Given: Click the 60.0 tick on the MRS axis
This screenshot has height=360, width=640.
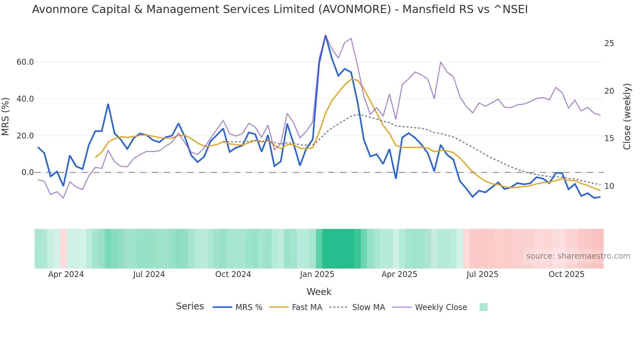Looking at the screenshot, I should (x=25, y=62).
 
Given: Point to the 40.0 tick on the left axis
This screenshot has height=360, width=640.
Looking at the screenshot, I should (x=25, y=99).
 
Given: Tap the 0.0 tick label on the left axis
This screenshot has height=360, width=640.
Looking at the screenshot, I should (x=27, y=172).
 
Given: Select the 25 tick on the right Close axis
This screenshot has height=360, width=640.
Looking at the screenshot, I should (x=609, y=43).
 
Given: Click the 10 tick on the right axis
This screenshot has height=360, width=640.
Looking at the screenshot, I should (x=609, y=186).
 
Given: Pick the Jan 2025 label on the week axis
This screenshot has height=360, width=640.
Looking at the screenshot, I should (x=317, y=274).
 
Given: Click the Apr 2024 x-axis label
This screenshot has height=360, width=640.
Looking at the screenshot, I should (x=66, y=274).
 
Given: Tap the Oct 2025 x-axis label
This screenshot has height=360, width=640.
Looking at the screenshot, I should (x=566, y=274).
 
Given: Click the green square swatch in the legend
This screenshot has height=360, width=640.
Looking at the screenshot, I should (x=483, y=307).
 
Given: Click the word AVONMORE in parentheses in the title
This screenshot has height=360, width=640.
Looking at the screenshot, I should (x=355, y=9).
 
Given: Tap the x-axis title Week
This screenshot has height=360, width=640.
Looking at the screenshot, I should (x=319, y=292).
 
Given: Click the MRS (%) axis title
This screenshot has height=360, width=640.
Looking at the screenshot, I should (x=6, y=117).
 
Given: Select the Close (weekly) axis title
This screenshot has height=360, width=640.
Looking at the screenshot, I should (x=627, y=117).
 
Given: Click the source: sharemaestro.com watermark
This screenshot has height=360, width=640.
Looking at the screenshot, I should (x=578, y=256).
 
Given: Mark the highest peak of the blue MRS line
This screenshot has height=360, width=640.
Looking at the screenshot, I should (x=325, y=35).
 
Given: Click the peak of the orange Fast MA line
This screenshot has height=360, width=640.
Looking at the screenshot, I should (x=352, y=79).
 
